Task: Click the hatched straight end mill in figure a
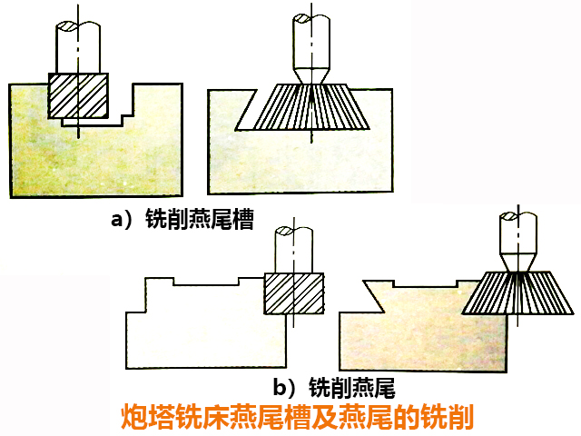(x=79, y=94)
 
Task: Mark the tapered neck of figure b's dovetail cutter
(x=517, y=262)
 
